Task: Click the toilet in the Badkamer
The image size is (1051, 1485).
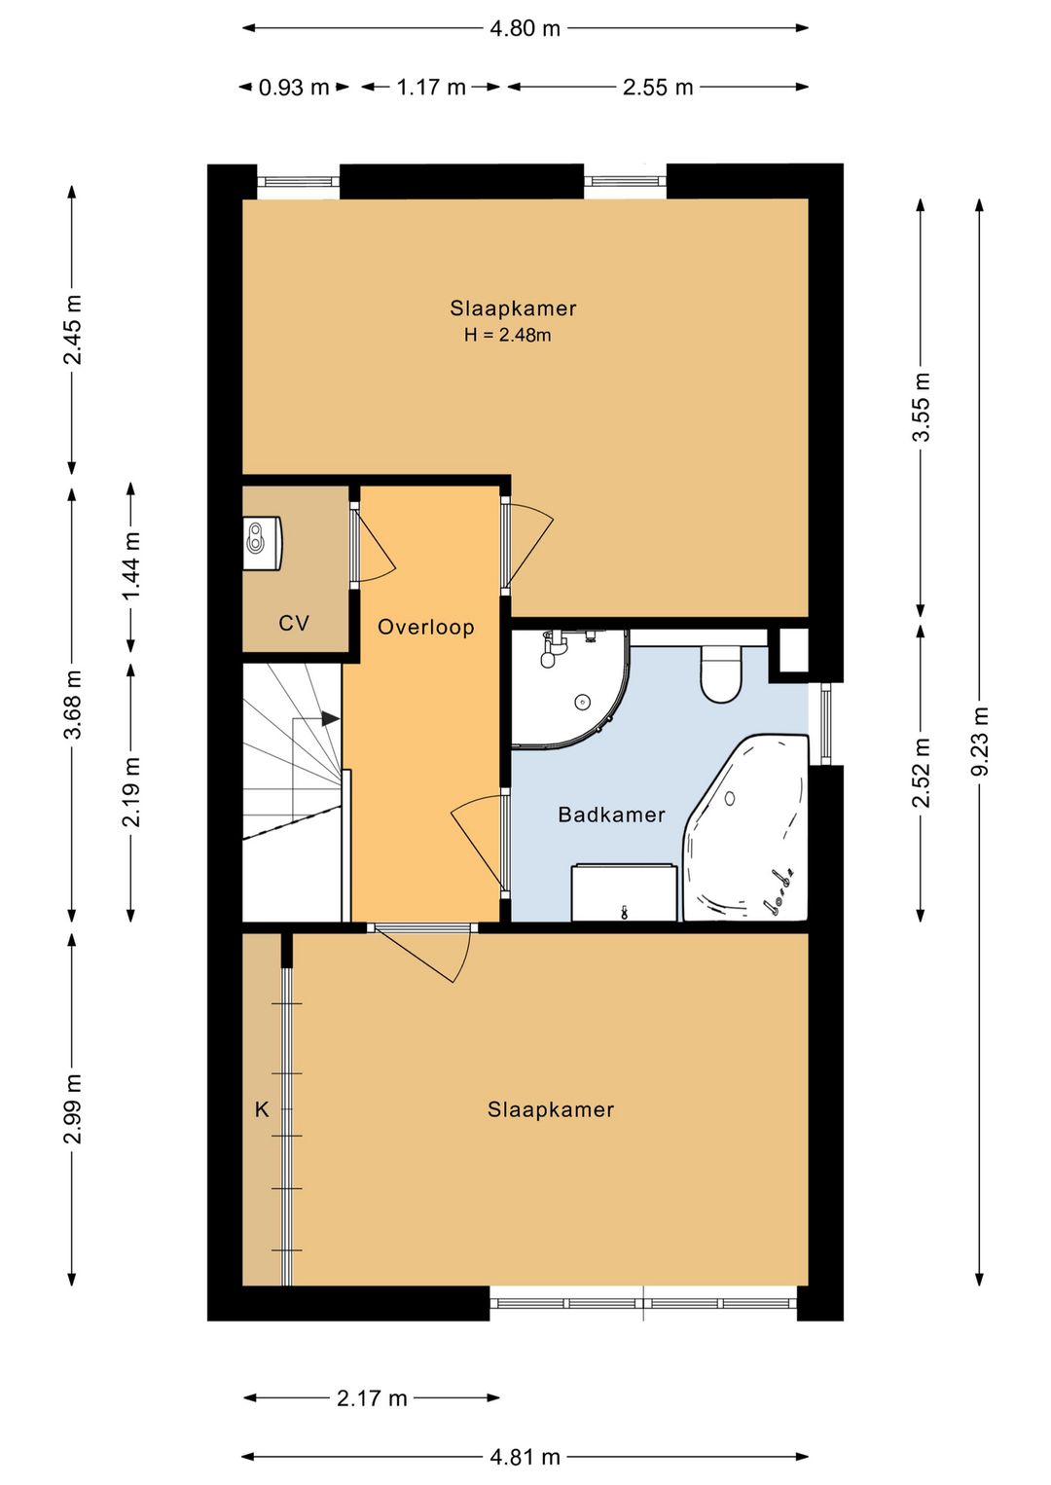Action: (x=720, y=672)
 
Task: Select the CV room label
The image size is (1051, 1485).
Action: (x=294, y=623)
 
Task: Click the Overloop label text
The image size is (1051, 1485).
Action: (x=425, y=627)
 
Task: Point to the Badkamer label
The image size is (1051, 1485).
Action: (x=611, y=815)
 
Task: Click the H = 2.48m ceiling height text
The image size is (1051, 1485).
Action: (x=507, y=336)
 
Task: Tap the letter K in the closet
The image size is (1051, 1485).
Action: (x=262, y=1109)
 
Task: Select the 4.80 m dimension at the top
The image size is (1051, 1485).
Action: (x=525, y=28)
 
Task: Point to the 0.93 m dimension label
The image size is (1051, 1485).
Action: (x=294, y=88)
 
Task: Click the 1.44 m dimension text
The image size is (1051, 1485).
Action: (x=131, y=564)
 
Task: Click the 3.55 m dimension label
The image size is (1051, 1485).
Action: (x=922, y=407)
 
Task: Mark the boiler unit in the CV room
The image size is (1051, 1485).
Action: (x=264, y=543)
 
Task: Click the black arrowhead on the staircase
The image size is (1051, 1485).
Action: (x=330, y=718)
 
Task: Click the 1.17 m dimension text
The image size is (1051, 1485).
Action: (x=431, y=88)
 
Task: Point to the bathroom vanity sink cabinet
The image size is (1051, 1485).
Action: (x=624, y=892)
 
